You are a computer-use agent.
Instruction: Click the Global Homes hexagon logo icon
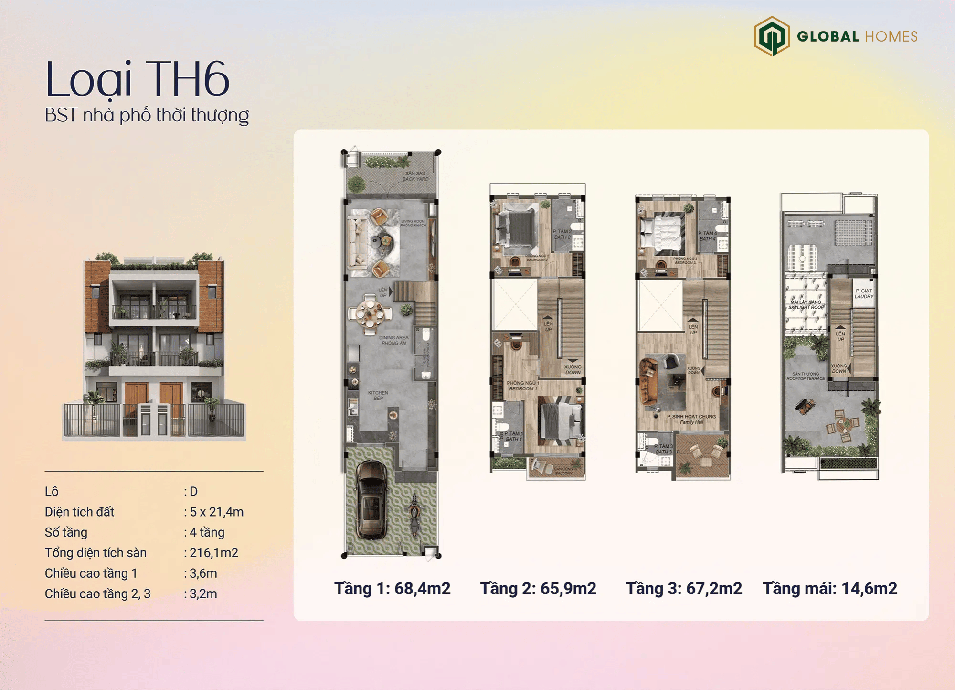(x=772, y=36)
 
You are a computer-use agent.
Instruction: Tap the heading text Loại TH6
(x=138, y=79)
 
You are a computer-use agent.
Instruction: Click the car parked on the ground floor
(x=371, y=499)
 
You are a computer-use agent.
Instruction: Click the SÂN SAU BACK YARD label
(x=415, y=176)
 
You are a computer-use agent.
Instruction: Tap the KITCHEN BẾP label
(x=378, y=395)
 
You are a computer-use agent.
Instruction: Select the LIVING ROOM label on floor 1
(x=413, y=223)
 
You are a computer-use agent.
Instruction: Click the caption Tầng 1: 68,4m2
(x=392, y=588)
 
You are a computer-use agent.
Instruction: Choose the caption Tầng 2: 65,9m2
(x=538, y=588)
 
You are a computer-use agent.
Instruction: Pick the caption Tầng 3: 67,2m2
(x=684, y=588)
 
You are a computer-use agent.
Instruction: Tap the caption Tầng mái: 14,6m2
(x=830, y=588)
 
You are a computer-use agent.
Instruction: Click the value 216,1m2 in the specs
(x=213, y=553)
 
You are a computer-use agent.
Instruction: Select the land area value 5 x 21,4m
(x=216, y=512)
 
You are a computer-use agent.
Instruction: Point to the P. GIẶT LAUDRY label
(x=864, y=293)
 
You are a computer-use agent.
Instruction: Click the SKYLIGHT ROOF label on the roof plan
(x=806, y=305)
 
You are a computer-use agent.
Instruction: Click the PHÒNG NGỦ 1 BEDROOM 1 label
(x=523, y=386)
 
